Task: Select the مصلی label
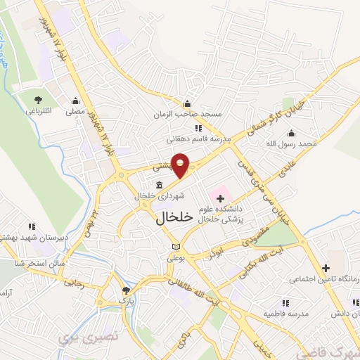tap(75, 112)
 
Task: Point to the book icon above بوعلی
tap(175, 247)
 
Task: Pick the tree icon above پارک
tap(126, 290)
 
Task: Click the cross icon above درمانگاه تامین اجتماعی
tap(325, 268)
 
